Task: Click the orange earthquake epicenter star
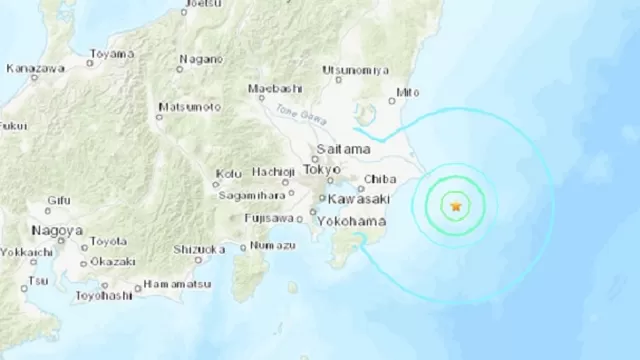457,206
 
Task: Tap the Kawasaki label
356,200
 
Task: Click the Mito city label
407,92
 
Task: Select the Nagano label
199,59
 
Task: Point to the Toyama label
111,53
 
